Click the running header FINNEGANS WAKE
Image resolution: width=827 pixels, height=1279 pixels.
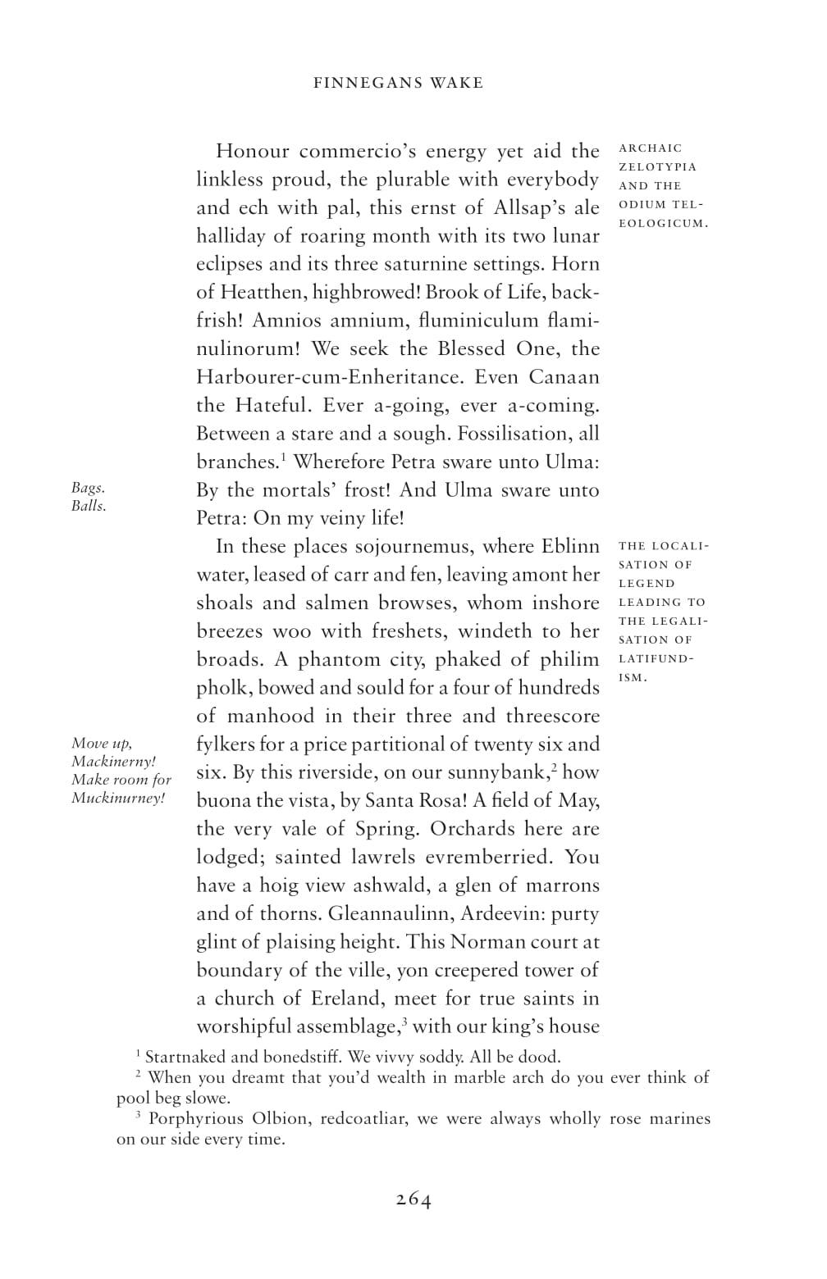click(x=399, y=83)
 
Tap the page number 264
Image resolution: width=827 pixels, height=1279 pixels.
click(x=413, y=1199)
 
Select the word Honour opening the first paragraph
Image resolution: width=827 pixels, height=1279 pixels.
click(x=252, y=152)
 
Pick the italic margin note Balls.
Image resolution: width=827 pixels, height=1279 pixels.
click(x=89, y=506)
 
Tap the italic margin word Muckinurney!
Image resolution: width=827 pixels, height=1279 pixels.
click(x=118, y=798)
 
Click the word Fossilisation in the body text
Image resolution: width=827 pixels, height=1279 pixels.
click(x=510, y=434)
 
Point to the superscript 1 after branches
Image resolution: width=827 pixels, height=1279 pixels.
click(x=283, y=456)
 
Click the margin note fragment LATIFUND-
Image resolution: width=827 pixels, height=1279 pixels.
click(x=656, y=659)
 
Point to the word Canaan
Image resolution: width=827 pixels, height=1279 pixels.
click(x=564, y=377)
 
